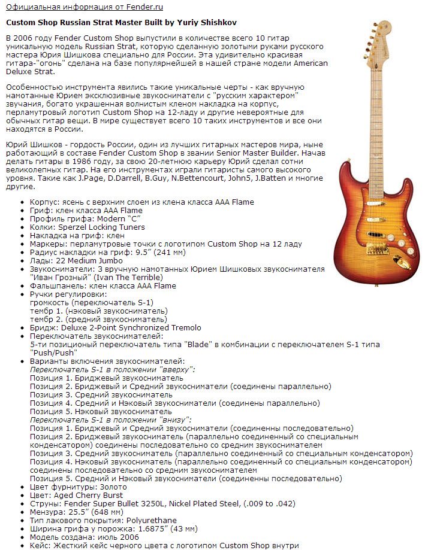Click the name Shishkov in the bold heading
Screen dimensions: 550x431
[x=215, y=22]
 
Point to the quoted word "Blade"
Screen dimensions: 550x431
[x=197, y=345]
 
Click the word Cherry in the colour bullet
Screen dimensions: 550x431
[x=89, y=496]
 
